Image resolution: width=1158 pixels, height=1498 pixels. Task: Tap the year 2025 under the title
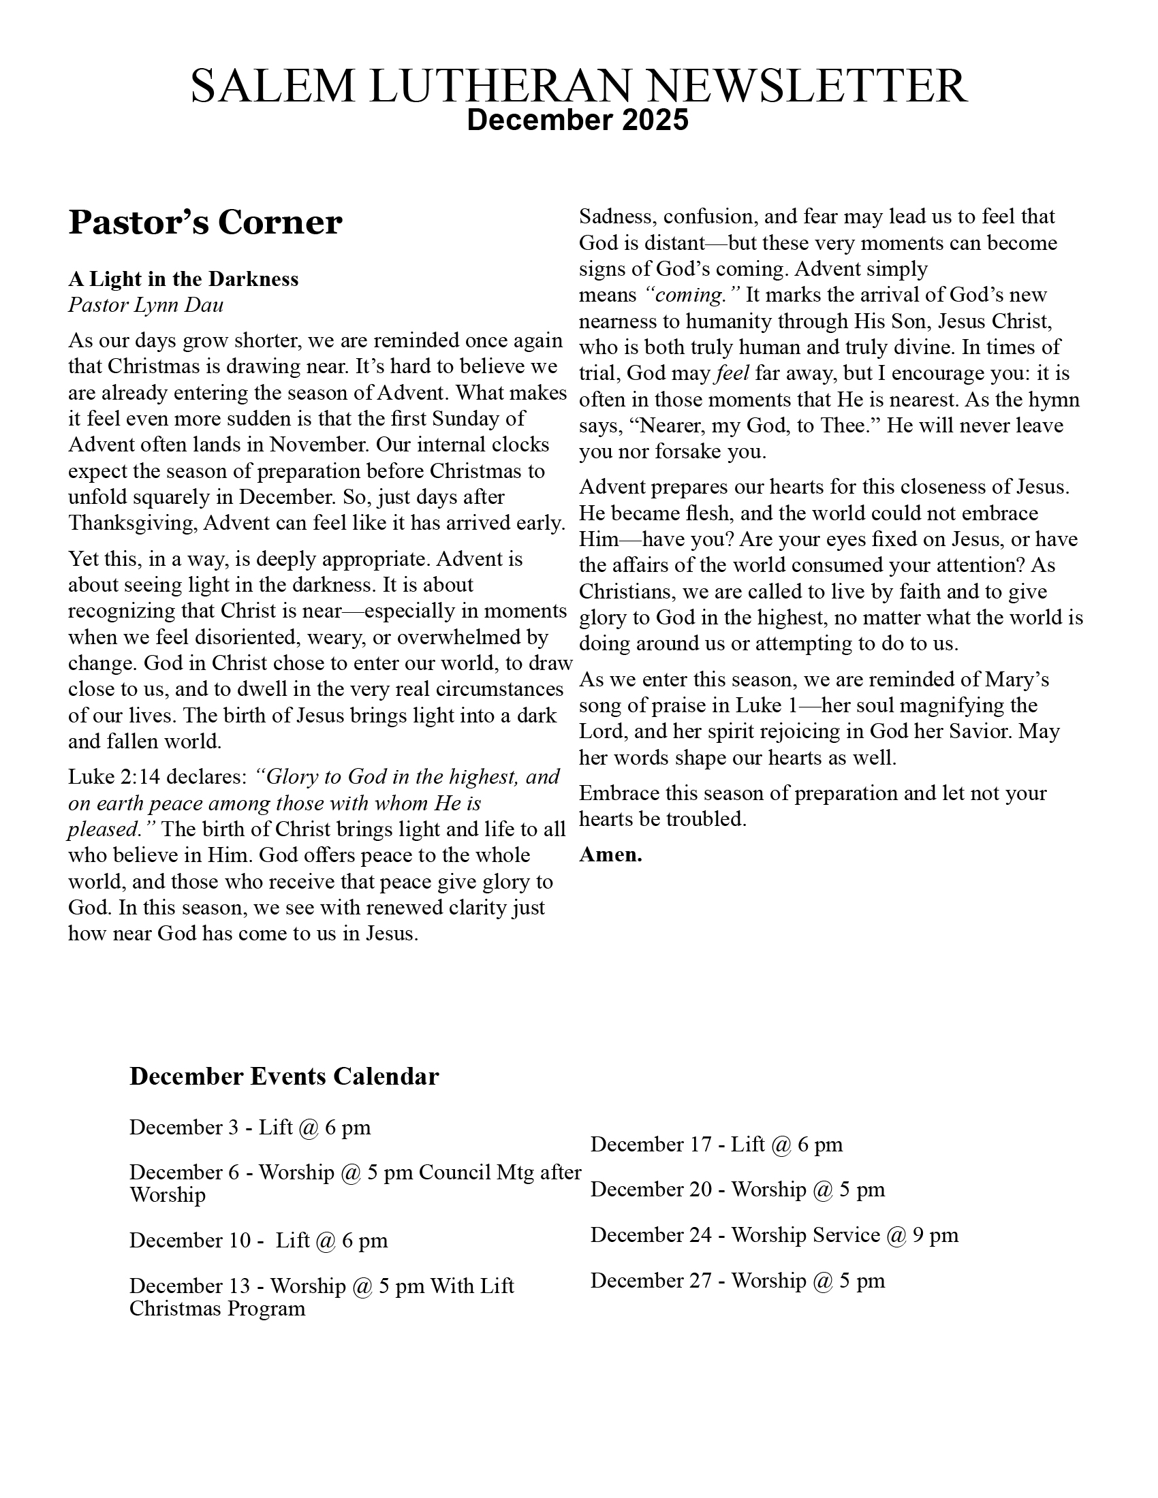click(655, 120)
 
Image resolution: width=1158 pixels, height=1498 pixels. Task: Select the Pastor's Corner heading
click(205, 222)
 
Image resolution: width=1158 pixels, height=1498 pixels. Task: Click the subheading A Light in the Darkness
click(183, 279)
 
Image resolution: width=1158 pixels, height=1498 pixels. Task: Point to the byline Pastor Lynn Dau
click(146, 304)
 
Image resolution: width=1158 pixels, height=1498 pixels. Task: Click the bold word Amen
click(610, 855)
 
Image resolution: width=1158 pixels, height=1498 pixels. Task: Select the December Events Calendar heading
click(284, 1076)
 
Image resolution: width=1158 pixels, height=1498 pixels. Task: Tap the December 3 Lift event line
click(250, 1127)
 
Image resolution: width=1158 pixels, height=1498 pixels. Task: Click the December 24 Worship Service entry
click(774, 1234)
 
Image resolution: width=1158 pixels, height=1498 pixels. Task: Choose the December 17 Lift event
click(716, 1144)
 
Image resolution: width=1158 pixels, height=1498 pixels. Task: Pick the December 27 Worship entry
click(738, 1280)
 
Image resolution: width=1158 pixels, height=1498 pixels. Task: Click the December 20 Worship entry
click(738, 1189)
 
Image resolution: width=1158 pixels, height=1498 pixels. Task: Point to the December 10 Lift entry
click(259, 1240)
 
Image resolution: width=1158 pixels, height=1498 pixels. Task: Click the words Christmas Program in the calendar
click(217, 1308)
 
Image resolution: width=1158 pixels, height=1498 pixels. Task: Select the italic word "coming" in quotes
click(693, 295)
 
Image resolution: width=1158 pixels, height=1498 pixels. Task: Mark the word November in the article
click(319, 445)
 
